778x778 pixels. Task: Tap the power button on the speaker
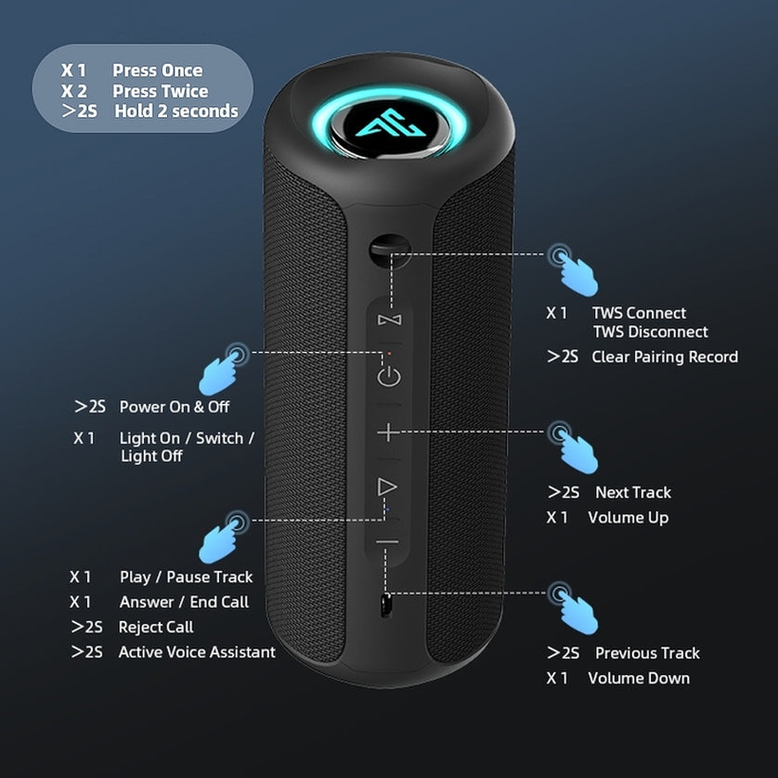point(388,376)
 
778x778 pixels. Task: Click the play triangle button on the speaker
point(387,487)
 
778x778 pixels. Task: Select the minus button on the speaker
point(387,542)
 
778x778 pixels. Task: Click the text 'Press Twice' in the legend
point(160,91)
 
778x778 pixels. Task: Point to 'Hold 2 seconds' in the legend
point(176,111)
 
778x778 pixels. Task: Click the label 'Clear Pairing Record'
point(665,357)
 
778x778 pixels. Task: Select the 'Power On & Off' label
point(175,407)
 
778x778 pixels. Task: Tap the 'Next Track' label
point(633,492)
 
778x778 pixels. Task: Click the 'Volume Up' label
point(628,517)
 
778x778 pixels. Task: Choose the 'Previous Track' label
point(647,653)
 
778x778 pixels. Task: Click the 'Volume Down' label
point(639,678)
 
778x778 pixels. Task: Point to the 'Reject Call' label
point(156,627)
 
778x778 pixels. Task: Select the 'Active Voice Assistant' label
point(197,652)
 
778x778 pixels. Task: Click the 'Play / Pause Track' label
point(186,577)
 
